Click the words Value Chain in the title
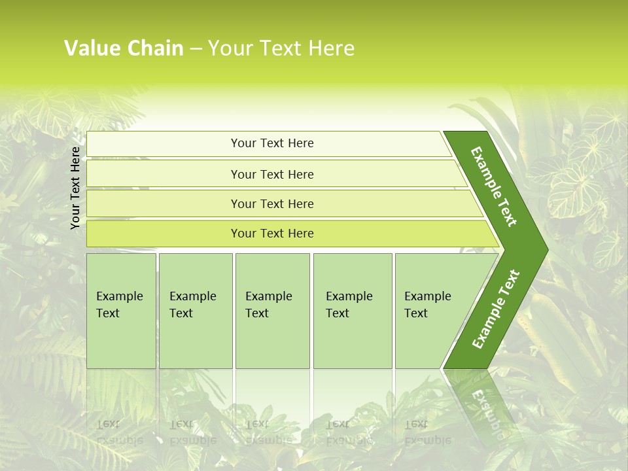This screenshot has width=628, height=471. click(124, 48)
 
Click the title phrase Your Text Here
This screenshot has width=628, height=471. click(281, 48)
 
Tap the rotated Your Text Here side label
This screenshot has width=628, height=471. click(75, 188)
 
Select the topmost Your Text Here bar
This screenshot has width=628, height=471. click(272, 143)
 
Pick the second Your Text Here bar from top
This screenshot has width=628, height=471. click(272, 174)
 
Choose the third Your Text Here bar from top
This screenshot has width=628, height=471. click(272, 203)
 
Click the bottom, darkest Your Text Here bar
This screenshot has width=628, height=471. click(272, 234)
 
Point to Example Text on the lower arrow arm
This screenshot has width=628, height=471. click(496, 309)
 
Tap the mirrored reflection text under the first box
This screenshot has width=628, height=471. click(120, 432)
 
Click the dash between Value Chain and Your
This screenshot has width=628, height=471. click(196, 49)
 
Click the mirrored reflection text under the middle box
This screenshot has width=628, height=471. click(269, 432)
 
